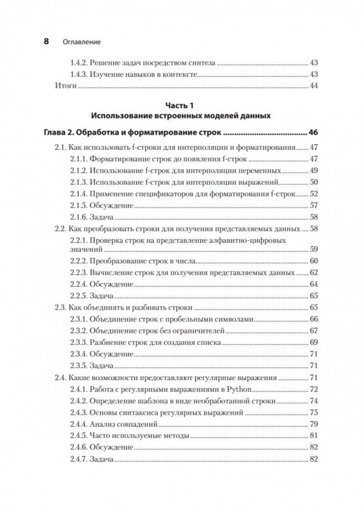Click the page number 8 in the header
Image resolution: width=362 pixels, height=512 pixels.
46,42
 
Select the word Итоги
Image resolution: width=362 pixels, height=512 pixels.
65,86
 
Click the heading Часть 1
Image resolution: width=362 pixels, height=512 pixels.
180,106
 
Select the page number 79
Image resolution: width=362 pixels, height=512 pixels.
314,424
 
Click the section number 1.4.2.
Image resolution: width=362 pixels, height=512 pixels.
79,63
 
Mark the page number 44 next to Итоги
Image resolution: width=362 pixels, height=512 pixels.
314,86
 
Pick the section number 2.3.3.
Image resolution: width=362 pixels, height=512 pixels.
79,342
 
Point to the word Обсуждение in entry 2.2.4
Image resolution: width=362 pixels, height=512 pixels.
112,284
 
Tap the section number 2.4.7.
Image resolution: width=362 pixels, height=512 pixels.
79,459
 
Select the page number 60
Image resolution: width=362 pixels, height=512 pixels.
314,261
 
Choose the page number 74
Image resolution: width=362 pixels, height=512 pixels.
314,401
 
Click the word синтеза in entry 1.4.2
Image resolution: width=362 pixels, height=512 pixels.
201,63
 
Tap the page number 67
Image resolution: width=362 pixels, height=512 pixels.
314,331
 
